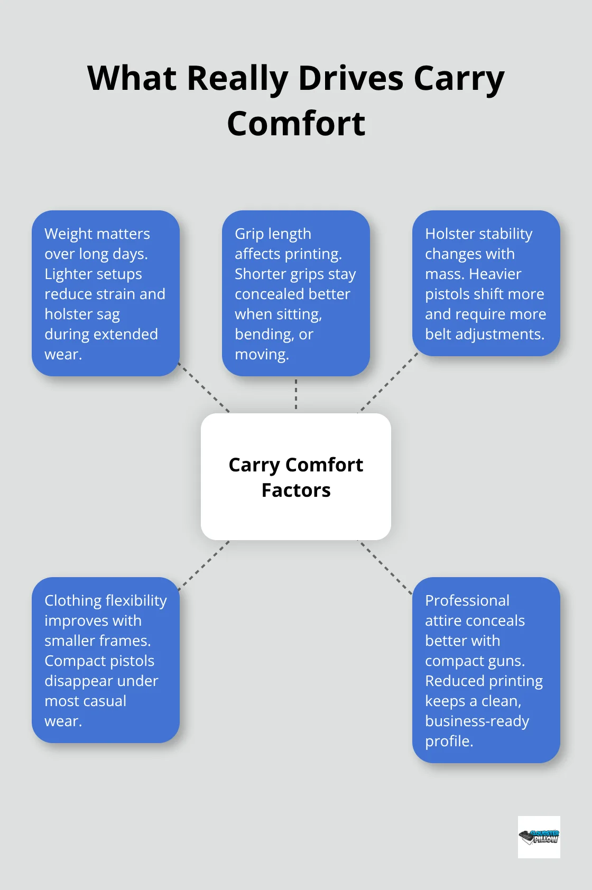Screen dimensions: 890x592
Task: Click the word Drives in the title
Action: (351, 78)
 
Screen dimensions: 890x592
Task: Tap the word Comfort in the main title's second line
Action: (296, 124)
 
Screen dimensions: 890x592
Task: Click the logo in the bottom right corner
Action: (539, 837)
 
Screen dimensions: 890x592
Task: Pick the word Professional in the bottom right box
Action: (467, 600)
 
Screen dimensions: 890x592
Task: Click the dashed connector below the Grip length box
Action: (296, 394)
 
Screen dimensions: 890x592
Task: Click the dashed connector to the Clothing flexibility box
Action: (205, 564)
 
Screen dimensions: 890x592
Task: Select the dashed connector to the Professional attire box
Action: (386, 568)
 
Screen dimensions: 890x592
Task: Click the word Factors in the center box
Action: (296, 490)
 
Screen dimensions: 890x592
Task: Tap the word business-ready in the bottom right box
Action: (477, 721)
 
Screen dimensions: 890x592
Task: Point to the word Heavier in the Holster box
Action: (495, 274)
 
